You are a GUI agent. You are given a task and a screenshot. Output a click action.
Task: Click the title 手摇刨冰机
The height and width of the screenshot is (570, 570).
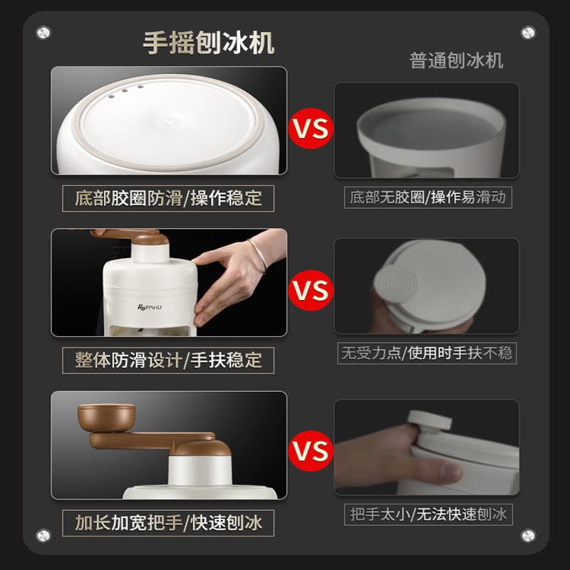coord(208,43)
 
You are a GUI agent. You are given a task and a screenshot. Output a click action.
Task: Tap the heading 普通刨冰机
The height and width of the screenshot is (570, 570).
coord(456,61)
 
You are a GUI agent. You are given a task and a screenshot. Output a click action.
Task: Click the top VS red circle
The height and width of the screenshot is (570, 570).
coord(311,128)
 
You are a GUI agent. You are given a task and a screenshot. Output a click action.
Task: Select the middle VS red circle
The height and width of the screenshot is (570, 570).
coord(311,290)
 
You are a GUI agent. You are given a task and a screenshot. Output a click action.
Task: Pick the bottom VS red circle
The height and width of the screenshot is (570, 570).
coord(311,451)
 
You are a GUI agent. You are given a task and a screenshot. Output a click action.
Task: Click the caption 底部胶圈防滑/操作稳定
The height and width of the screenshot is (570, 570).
coord(168,199)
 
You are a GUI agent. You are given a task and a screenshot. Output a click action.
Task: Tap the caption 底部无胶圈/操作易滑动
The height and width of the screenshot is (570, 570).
coord(428,197)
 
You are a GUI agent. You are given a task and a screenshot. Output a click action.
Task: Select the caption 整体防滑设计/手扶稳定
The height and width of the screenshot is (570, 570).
coord(168,361)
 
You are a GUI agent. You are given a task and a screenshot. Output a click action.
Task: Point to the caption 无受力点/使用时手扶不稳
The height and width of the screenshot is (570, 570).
coord(427,353)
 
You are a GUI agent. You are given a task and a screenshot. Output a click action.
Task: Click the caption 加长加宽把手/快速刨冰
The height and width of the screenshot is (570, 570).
coord(168,523)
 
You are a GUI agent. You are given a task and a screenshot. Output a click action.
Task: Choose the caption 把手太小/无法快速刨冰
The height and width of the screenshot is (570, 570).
coord(428,514)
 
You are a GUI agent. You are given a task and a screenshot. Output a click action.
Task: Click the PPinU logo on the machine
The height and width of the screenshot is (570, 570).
coord(150,308)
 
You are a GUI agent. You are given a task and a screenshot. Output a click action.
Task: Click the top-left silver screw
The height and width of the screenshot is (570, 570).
coord(43,33)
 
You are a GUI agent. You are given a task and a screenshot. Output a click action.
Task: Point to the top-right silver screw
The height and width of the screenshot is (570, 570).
coord(528,33)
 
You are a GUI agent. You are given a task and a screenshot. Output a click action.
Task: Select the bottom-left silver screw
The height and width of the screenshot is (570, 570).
coord(43,536)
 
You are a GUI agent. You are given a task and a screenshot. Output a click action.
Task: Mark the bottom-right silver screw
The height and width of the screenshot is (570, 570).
coord(528,536)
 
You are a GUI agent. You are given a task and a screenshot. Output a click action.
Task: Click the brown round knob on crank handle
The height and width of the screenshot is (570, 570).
coord(106,418)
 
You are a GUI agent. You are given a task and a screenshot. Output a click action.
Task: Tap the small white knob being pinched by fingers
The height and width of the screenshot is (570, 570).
coord(430,423)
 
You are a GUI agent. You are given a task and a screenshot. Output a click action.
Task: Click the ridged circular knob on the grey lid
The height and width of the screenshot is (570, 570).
coord(394,284)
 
